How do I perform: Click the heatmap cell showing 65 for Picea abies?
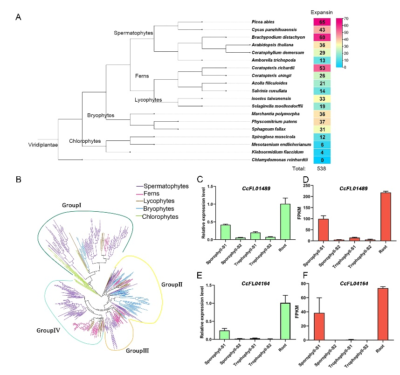pos(322,22)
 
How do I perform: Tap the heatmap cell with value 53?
pos(322,68)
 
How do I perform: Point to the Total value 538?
pos(322,168)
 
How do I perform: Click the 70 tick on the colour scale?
pos(346,19)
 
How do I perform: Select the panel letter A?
pos(18,17)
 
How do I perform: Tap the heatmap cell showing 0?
pos(322,160)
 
